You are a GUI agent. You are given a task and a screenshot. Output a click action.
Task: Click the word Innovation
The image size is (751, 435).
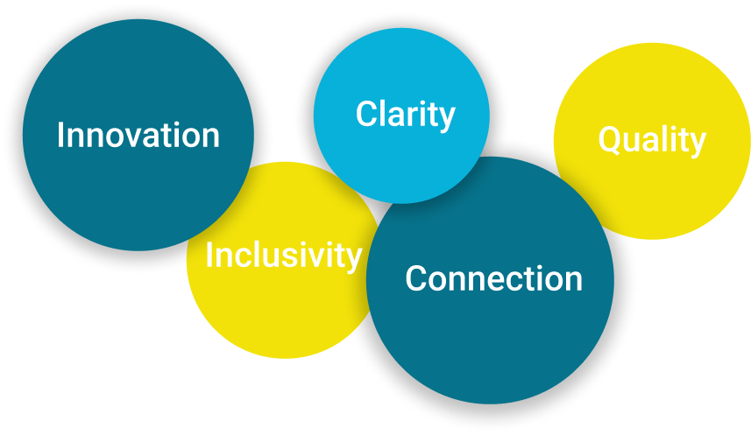coord(138,136)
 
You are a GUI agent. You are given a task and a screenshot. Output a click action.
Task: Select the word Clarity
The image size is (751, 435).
coord(405,115)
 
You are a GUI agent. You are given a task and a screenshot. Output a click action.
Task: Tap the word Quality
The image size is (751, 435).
coord(652,140)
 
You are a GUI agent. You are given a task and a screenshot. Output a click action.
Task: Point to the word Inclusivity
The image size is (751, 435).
coord(284,256)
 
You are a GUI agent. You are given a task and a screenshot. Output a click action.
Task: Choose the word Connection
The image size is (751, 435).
coord(493,278)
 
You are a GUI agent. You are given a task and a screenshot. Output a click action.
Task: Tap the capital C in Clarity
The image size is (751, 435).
coord(366,114)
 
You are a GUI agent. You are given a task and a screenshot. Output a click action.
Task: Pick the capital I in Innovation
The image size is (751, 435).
coord(60,136)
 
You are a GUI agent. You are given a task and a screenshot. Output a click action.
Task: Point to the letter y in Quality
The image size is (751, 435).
coord(698,144)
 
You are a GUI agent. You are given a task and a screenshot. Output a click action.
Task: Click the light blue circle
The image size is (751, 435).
coord(401,116)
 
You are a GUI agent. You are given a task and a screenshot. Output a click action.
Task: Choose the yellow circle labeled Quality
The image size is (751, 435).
coord(652,141)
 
